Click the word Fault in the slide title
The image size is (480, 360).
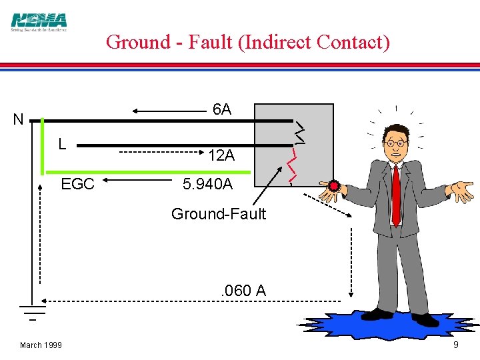pyautogui.click(x=209, y=42)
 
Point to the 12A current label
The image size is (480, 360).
pyautogui.click(x=221, y=156)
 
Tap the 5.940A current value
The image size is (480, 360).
pyautogui.click(x=207, y=184)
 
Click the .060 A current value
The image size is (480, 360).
pyautogui.click(x=243, y=291)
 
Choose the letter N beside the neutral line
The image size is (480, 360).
pyautogui.click(x=18, y=121)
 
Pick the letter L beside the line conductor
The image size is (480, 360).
pyautogui.click(x=62, y=143)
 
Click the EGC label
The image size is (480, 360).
pyautogui.click(x=77, y=184)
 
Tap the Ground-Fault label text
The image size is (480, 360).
pyautogui.click(x=218, y=214)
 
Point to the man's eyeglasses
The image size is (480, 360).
pyautogui.click(x=396, y=143)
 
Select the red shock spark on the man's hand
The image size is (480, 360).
pyautogui.click(x=333, y=186)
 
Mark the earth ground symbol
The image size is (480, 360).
pyautogui.click(x=32, y=311)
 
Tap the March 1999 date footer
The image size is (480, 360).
pyautogui.click(x=41, y=345)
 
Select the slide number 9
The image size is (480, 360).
pyautogui.click(x=455, y=345)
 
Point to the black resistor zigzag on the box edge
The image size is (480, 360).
pyautogui.click(x=300, y=132)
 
